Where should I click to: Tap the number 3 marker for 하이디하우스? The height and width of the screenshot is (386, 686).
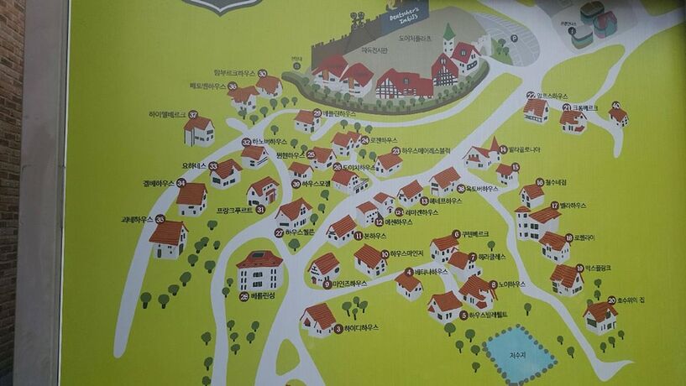[x=338, y=329]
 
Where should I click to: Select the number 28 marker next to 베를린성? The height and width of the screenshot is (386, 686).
[x=244, y=296]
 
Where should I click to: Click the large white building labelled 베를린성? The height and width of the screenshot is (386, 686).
[x=259, y=270]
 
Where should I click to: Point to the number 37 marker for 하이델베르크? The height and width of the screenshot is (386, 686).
[x=193, y=115]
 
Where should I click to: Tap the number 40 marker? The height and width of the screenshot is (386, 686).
[x=615, y=106]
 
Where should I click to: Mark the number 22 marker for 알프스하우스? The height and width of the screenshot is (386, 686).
[x=531, y=96]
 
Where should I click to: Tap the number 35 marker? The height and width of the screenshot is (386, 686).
[x=159, y=219]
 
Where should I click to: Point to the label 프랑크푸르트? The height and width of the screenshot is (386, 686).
[x=235, y=210]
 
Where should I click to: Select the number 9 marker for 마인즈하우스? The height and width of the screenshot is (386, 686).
[x=327, y=284]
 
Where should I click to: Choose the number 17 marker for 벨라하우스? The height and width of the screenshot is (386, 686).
[x=554, y=205]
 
